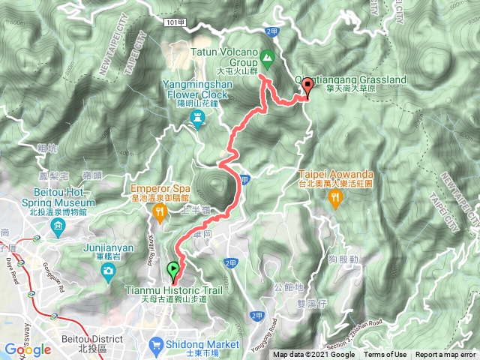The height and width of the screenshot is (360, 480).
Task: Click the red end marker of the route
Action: (x=307, y=88)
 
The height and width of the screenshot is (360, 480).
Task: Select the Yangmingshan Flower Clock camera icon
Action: (x=198, y=118)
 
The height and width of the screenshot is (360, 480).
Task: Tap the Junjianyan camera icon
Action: (x=109, y=270)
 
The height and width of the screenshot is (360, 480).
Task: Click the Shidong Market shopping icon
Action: (x=156, y=345)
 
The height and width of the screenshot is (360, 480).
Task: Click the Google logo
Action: (x=27, y=349)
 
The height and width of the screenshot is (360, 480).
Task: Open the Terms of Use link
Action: (x=386, y=355)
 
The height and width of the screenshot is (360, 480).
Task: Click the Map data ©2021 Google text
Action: (x=313, y=355)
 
